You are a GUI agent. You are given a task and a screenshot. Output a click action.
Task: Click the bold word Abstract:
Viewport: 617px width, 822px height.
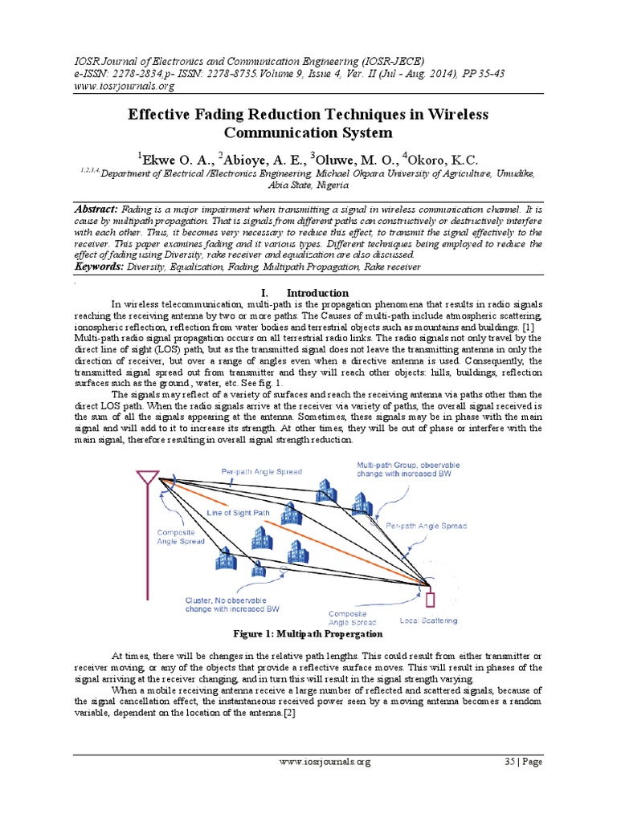pos(96,209)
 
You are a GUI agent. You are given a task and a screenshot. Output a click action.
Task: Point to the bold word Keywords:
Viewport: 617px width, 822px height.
pos(100,266)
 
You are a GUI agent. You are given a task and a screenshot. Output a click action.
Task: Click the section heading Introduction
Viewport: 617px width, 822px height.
pos(317,293)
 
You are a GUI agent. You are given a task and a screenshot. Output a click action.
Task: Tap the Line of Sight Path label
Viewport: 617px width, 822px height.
pos(244,511)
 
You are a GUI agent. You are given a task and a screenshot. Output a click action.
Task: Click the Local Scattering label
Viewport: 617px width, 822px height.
pos(428,621)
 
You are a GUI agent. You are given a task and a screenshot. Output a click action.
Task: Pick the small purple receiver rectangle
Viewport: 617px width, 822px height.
pos(429,599)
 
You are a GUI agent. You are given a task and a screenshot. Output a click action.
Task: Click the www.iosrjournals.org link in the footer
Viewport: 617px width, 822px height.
pos(325,763)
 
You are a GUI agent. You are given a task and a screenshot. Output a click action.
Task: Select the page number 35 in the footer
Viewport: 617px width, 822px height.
pos(509,763)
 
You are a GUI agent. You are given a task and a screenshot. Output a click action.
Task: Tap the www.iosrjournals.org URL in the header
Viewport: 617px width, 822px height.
pos(124,86)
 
